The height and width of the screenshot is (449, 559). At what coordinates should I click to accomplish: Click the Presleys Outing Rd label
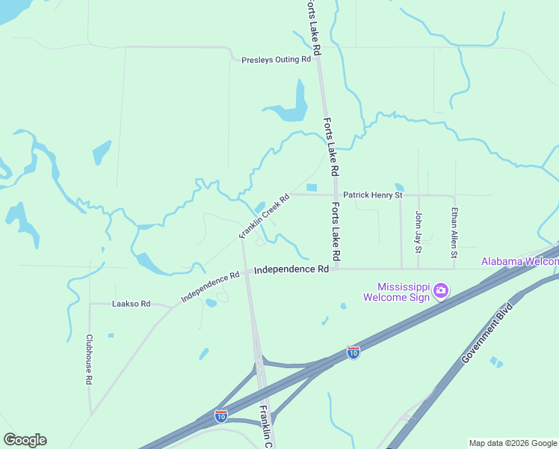(x=276, y=59)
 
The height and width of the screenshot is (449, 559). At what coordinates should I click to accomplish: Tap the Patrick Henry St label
(x=373, y=195)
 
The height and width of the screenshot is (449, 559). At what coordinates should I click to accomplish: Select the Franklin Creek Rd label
(x=264, y=216)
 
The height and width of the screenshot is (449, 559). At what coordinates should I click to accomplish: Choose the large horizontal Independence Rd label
(x=291, y=269)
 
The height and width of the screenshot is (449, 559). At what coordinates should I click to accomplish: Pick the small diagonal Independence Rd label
(x=210, y=287)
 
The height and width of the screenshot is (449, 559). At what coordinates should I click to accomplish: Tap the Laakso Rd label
(x=131, y=304)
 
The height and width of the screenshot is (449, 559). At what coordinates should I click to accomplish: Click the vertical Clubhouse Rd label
(x=89, y=359)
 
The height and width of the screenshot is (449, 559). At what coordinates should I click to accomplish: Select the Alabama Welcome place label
(x=519, y=261)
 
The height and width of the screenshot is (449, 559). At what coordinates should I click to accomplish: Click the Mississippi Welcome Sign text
(x=396, y=292)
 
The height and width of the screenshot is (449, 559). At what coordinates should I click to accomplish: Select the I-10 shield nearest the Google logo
(x=221, y=415)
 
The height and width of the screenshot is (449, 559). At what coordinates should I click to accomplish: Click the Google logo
(x=25, y=440)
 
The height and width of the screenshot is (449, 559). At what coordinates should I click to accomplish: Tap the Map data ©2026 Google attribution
(x=513, y=443)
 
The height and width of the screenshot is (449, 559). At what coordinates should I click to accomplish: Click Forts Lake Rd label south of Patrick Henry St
(x=336, y=232)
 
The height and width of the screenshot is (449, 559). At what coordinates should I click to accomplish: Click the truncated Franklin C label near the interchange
(x=266, y=427)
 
